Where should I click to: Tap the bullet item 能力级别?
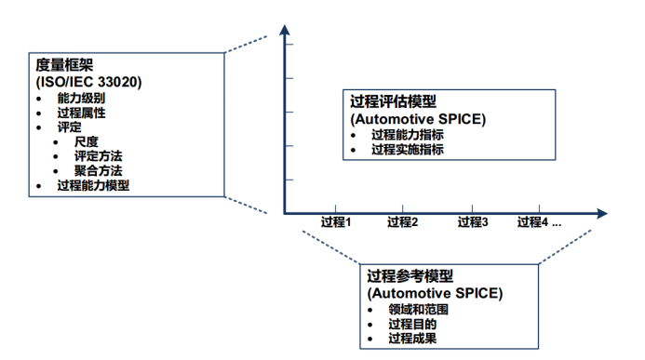click(x=80, y=98)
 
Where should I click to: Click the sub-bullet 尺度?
click(x=87, y=141)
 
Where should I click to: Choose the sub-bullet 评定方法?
click(x=99, y=156)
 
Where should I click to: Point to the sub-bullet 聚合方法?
click(x=99, y=171)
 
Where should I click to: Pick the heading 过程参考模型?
click(x=410, y=276)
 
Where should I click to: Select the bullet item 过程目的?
click(x=411, y=324)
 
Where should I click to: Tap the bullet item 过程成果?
click(x=411, y=339)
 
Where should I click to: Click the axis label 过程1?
click(x=335, y=222)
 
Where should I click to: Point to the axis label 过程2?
click(x=402, y=222)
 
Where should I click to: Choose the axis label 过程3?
click(x=473, y=222)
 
